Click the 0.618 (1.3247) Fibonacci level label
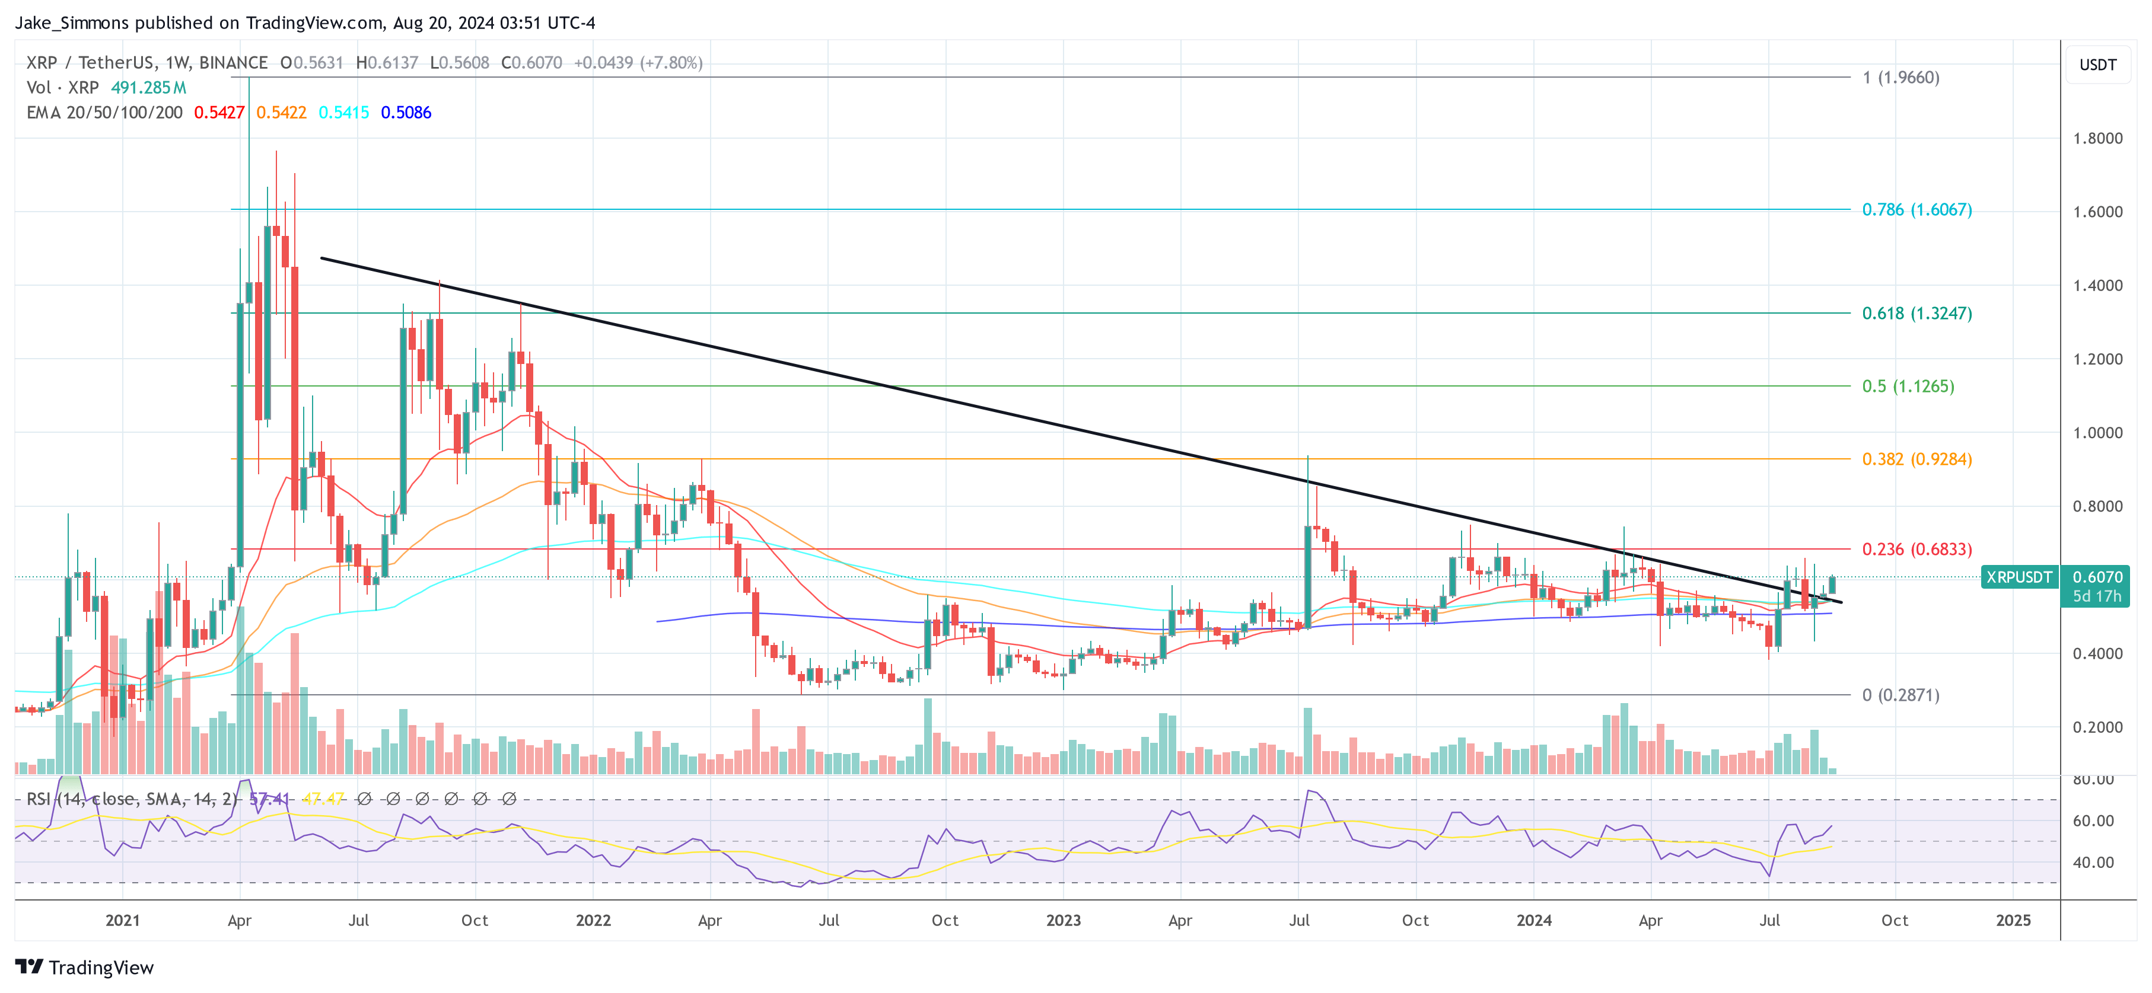pos(1917,313)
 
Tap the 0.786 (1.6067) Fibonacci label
pos(1917,210)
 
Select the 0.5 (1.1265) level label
pos(1907,386)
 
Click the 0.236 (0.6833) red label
pos(1917,549)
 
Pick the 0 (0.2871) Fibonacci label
pos(1900,695)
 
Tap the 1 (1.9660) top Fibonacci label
pos(1900,78)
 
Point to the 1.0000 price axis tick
pos(2097,433)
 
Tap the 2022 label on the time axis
pos(593,920)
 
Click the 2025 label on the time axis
pos(2013,920)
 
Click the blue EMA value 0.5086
pos(406,113)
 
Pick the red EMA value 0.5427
pos(219,113)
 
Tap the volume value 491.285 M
pos(149,88)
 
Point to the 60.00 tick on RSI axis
pos(2093,821)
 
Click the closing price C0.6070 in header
pos(531,63)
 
